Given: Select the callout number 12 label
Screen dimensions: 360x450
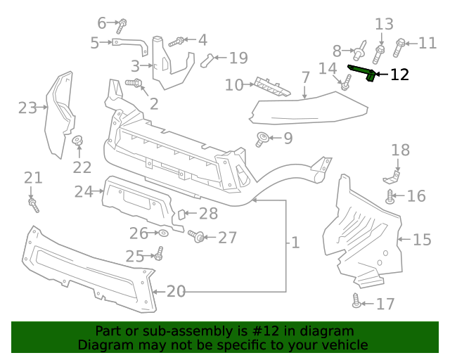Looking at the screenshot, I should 399,75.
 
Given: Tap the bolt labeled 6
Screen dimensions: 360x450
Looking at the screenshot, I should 122,26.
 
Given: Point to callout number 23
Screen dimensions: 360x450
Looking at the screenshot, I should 27,108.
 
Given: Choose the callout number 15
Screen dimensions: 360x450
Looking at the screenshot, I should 422,240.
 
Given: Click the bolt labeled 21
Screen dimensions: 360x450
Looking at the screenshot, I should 33,203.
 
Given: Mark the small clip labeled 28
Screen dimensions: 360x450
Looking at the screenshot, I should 179,214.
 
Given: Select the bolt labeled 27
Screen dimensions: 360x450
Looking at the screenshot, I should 198,238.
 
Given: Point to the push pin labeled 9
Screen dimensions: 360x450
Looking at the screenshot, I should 260,139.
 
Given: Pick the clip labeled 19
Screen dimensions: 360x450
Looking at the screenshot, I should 207,60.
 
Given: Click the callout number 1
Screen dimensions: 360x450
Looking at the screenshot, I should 295,243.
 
